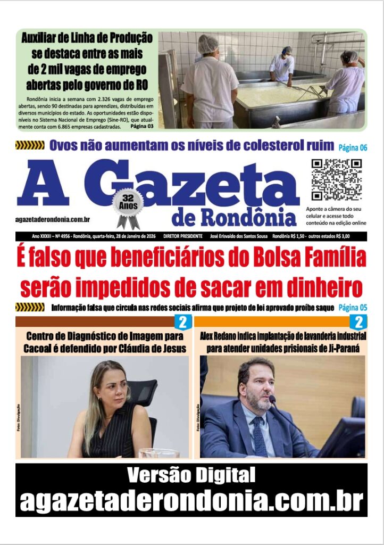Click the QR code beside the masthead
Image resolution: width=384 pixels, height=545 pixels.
point(337,179)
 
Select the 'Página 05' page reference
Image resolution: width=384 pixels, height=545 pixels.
point(353,308)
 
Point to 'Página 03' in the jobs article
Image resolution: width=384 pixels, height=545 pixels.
point(142,126)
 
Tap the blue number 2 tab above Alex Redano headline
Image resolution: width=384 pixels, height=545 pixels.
point(358,321)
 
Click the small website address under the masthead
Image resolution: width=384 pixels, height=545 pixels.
point(53,219)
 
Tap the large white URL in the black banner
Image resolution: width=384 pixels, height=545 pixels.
point(191,500)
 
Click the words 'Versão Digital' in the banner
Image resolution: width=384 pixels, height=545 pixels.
point(191,475)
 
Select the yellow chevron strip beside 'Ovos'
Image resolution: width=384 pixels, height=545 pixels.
point(30,145)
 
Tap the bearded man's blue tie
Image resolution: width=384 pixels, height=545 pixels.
point(260,436)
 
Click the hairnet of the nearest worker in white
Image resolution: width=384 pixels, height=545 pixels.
point(208,44)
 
